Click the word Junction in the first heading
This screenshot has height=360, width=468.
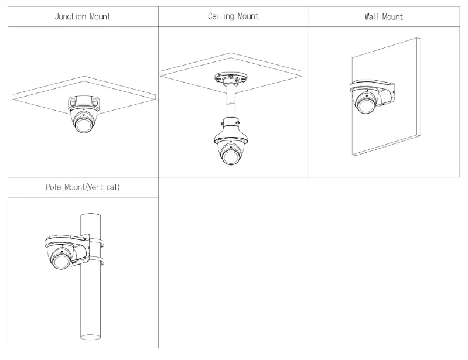(x=70, y=17)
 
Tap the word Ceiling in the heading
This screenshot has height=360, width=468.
(x=220, y=16)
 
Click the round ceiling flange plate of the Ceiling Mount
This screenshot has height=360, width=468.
(x=233, y=79)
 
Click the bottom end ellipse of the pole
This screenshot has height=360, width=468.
(x=92, y=337)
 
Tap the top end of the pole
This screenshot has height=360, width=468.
(x=92, y=214)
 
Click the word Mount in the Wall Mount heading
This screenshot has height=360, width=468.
(x=391, y=16)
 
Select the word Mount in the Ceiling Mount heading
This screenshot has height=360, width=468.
(x=248, y=16)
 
